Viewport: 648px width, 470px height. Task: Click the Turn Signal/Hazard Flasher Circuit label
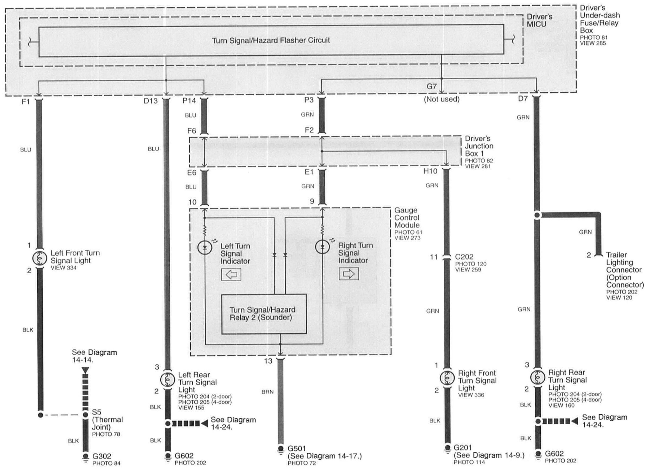click(271, 40)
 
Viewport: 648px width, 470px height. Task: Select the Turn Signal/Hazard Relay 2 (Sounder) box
click(264, 314)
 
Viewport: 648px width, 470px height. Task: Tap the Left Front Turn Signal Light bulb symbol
click(40, 258)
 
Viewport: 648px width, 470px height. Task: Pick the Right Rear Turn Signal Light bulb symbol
click(537, 377)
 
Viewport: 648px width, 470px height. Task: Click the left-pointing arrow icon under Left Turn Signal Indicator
click(231, 275)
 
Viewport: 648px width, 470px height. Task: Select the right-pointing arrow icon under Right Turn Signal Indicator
click(349, 274)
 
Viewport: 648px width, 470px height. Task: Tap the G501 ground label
click(297, 448)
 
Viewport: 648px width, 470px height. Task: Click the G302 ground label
click(102, 456)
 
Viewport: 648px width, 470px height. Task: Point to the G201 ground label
click(462, 447)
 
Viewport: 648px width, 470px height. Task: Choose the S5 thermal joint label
click(96, 412)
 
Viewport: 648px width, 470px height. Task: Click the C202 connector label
click(464, 257)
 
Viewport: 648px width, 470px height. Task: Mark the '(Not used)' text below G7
click(442, 99)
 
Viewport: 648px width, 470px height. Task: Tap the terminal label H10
click(430, 171)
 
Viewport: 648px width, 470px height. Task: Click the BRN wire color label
click(267, 392)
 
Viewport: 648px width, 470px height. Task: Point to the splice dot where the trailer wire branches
click(537, 215)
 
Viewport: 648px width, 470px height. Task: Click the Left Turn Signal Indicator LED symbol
click(205, 248)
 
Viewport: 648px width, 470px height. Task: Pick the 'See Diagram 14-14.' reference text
click(94, 356)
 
